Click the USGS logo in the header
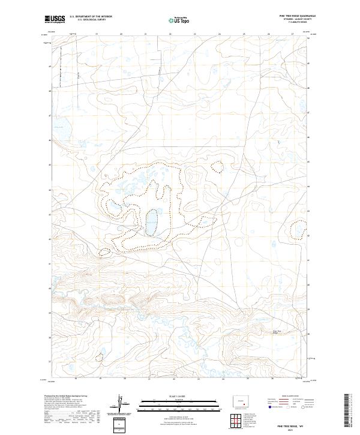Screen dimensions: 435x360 click(55, 19)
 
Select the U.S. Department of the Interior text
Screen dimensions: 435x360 click(91, 16)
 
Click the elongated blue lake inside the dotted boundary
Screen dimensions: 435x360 click(151, 221)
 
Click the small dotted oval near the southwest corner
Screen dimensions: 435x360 click(99, 358)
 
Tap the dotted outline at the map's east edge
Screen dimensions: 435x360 click(298, 229)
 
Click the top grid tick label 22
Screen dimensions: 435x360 click(170, 35)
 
